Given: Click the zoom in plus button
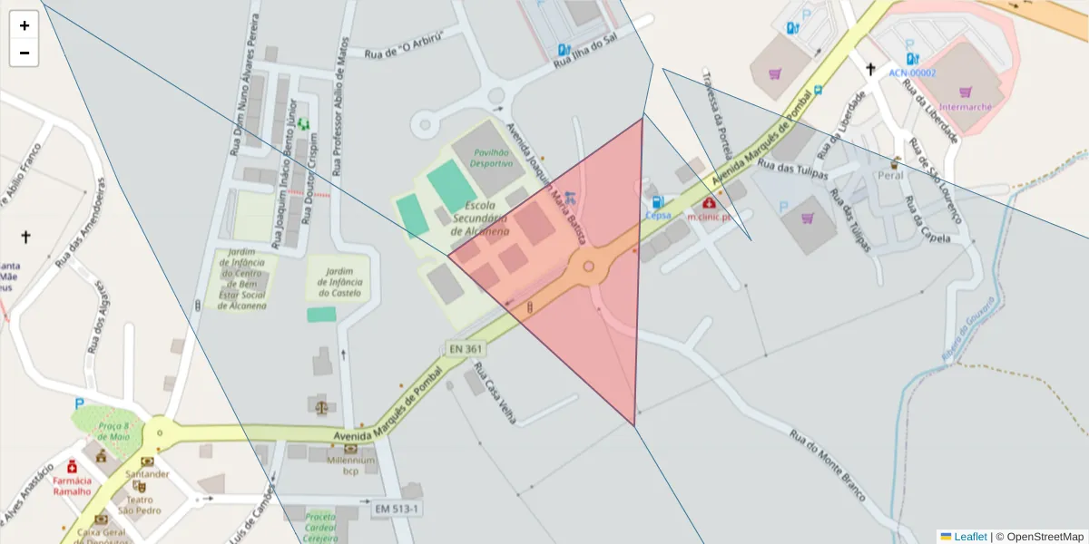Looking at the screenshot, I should click(x=25, y=25).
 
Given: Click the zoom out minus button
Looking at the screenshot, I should click(x=25, y=53).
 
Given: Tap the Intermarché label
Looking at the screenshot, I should click(x=965, y=106).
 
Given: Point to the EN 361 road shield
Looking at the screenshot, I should click(x=466, y=348).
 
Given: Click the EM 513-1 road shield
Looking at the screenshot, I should click(x=397, y=510).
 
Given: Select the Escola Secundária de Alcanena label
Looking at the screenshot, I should click(x=480, y=219).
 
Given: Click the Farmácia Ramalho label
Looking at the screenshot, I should click(x=72, y=486).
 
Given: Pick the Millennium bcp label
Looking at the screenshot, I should click(x=351, y=465).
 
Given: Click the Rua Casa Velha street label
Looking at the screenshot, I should click(x=495, y=393).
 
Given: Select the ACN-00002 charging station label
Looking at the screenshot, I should click(x=912, y=73).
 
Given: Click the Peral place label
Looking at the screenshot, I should click(x=890, y=175).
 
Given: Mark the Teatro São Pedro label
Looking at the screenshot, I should click(x=139, y=504).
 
